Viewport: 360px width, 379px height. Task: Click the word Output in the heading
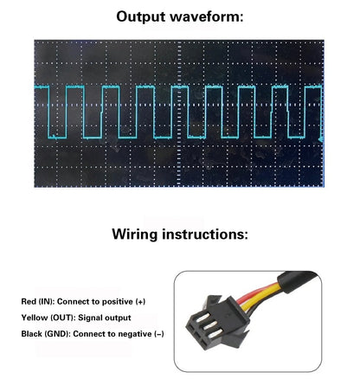tap(140, 16)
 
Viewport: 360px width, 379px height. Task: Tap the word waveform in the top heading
tap(207, 16)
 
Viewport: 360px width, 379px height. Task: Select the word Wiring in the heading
tap(135, 234)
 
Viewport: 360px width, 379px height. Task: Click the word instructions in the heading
tap(205, 234)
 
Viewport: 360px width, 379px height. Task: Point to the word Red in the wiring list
tap(29, 302)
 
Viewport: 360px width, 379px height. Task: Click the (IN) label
tap(46, 302)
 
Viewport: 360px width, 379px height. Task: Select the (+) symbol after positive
tap(140, 302)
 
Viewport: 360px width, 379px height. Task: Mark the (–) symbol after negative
tap(159, 334)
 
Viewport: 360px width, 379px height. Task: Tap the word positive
tap(118, 302)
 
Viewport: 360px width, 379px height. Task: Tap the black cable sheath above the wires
tap(297, 282)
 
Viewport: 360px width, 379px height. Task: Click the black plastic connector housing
tap(218, 322)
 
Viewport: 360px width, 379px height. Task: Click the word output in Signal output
tap(118, 318)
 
